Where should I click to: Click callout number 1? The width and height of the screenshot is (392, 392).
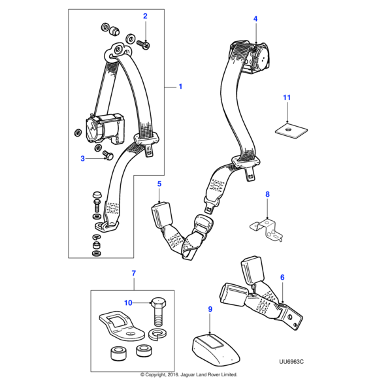(181, 86)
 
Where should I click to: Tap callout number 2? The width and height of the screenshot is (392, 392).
(145, 16)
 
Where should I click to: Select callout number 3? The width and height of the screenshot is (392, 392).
(83, 158)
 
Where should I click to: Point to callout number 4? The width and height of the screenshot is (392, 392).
(255, 19)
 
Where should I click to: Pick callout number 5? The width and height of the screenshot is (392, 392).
(159, 185)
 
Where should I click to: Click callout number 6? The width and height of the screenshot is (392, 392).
(282, 278)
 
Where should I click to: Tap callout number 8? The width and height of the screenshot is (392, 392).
(267, 195)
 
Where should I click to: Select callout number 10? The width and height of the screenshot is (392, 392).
(129, 302)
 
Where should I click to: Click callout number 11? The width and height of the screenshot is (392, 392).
(286, 98)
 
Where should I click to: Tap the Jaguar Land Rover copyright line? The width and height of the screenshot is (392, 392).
(189, 375)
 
